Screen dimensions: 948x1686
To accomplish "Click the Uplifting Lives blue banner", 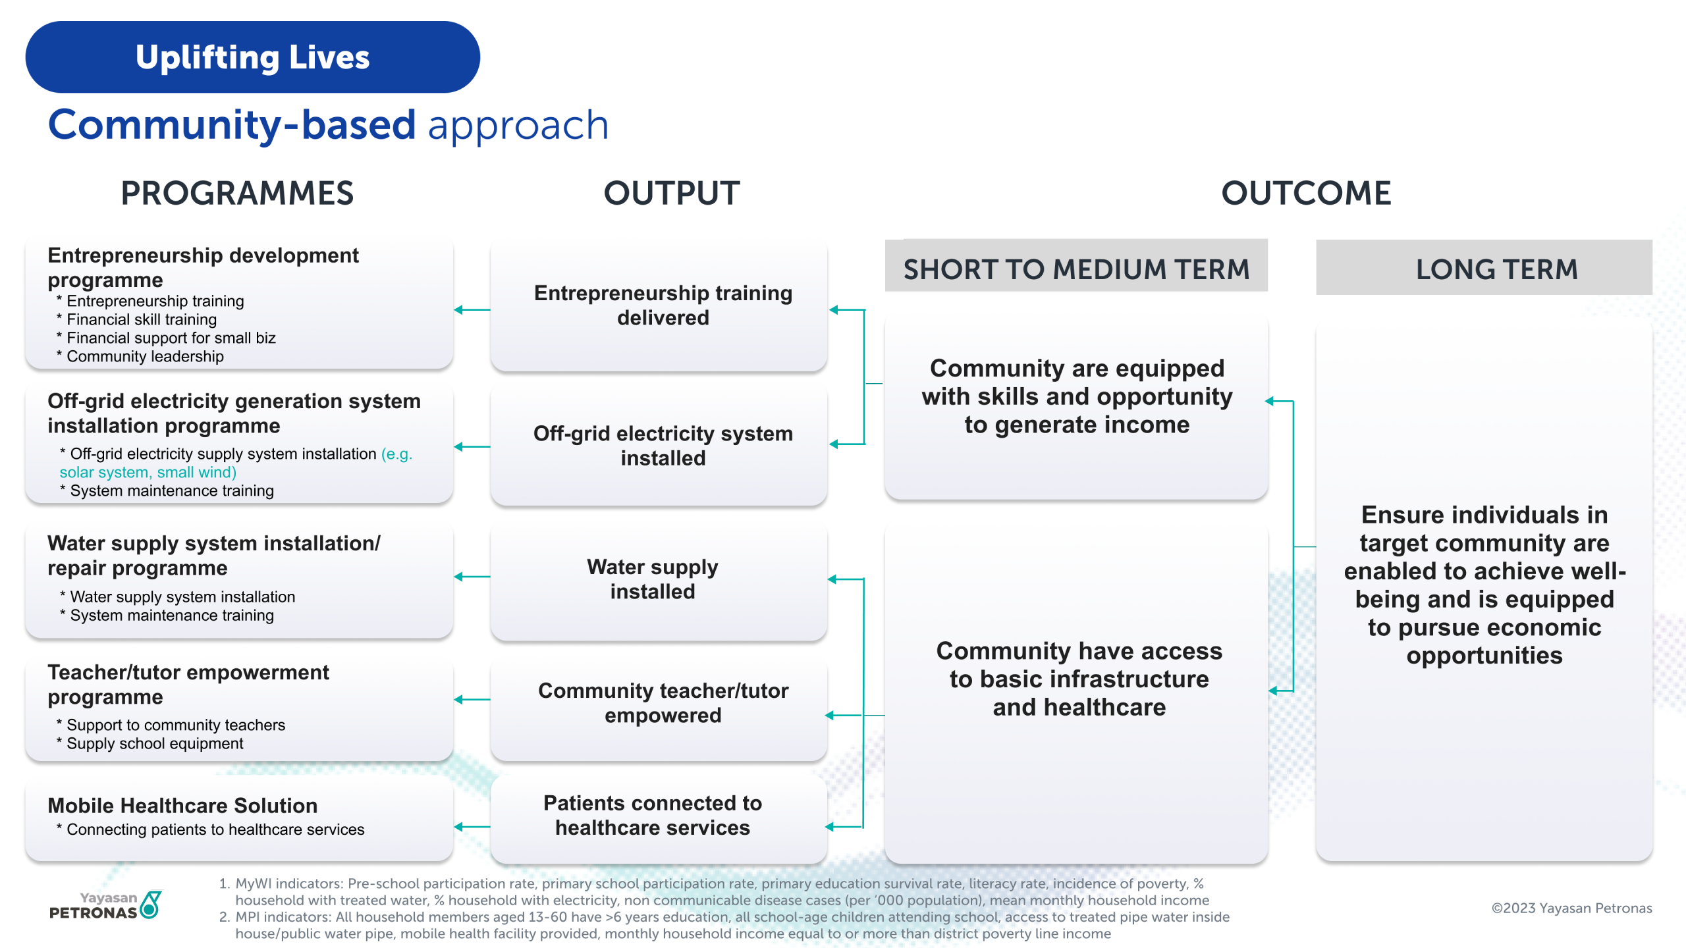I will click(x=252, y=57).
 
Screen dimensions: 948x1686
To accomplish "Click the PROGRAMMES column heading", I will click(x=237, y=194).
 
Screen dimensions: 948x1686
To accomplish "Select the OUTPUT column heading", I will click(x=672, y=194).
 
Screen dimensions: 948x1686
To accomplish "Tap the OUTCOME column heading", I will click(x=1306, y=194).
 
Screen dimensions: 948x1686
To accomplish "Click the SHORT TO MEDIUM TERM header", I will click(x=1076, y=269).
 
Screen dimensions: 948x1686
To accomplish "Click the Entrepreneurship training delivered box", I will click(x=659, y=306).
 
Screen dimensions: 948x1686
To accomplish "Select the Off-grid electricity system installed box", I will click(x=659, y=446).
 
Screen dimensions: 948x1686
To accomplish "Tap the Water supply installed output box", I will click(x=659, y=579).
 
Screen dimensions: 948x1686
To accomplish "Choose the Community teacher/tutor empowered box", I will click(x=659, y=703).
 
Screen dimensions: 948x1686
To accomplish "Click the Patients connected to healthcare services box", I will click(x=659, y=816).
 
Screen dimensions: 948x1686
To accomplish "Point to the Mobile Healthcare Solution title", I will click(x=182, y=805).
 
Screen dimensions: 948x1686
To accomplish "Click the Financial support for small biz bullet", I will click(x=171, y=338).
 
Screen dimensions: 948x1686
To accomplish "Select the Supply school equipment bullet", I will click(x=155, y=743).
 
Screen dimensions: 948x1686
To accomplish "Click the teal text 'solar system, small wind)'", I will click(x=148, y=472).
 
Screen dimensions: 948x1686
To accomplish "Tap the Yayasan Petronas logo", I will click(x=105, y=905).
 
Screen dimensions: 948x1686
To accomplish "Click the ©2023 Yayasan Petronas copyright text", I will click(x=1571, y=908).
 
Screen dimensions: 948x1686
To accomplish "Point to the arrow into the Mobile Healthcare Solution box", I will click(x=472, y=827).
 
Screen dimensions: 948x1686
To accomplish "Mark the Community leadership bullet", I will click(x=145, y=356).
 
